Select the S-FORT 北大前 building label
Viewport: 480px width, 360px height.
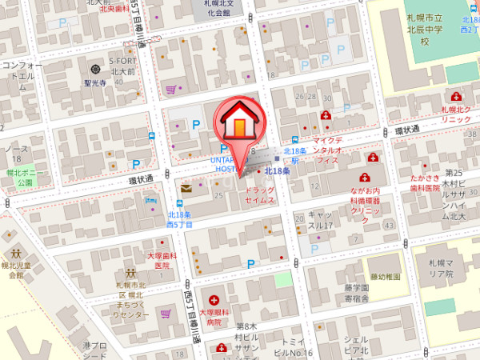click(123, 65)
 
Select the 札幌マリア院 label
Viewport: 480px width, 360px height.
click(440, 268)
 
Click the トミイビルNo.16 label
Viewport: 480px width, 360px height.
click(290, 346)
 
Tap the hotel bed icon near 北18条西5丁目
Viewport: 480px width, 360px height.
click(152, 198)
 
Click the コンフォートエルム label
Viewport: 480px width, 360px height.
click(22, 75)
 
